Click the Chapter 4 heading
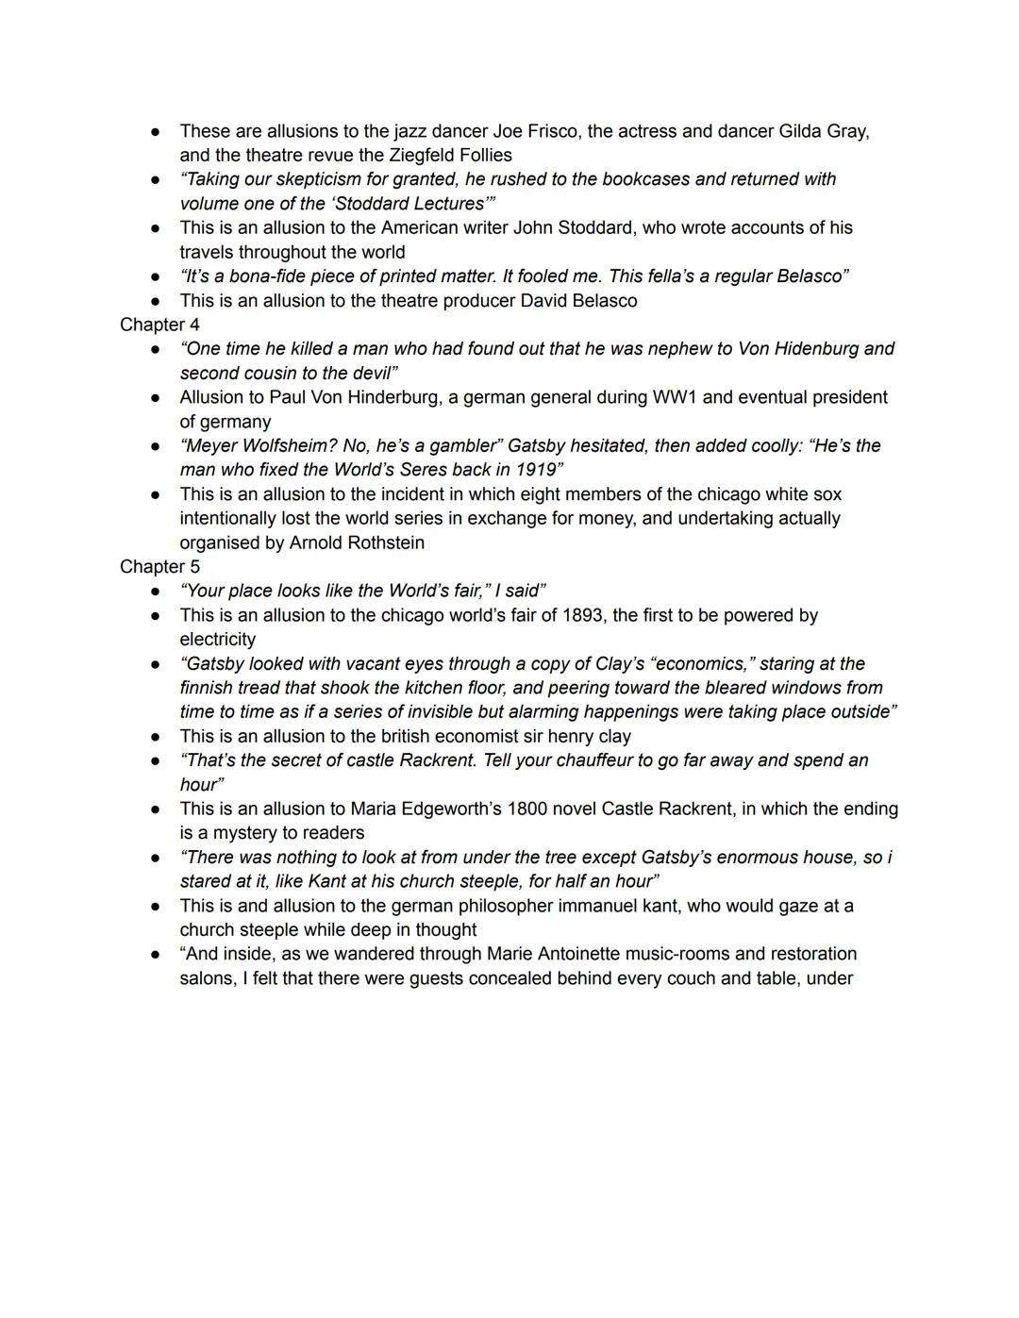click(159, 325)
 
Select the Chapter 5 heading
click(159, 567)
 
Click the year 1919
click(536, 470)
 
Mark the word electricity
click(217, 640)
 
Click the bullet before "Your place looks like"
click(155, 592)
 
